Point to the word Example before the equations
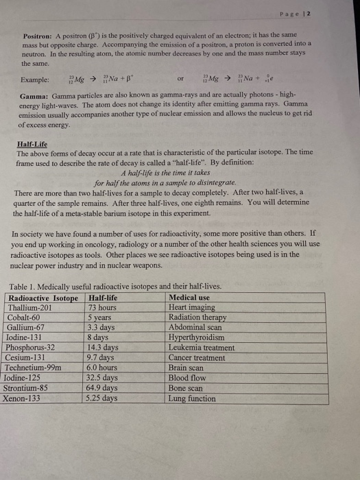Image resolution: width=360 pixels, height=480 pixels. [35, 79]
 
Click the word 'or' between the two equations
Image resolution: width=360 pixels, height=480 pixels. [181, 79]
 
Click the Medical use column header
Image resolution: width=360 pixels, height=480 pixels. [189, 298]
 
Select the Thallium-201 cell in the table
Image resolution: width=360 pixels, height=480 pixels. [29, 308]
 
